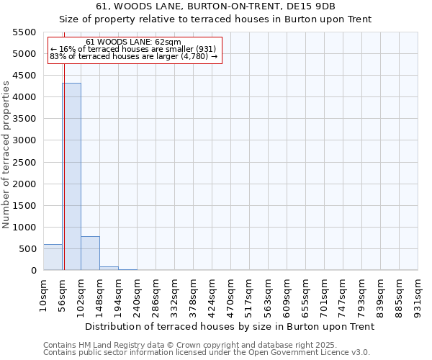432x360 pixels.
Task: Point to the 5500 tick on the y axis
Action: tap(26, 32)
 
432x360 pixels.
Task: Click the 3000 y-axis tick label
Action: tap(26, 140)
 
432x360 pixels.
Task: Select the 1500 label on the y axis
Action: tap(26, 206)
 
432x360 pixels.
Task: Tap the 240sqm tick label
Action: tap(137, 296)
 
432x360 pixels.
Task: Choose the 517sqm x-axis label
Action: tap(250, 296)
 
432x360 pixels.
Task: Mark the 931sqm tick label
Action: tap(418, 296)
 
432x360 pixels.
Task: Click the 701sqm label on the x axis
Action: tap(324, 296)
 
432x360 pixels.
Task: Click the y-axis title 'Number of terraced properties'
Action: tap(6, 155)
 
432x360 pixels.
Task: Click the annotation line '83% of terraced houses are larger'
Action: tap(133, 56)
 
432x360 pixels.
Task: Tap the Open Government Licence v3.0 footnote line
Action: tap(206, 353)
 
